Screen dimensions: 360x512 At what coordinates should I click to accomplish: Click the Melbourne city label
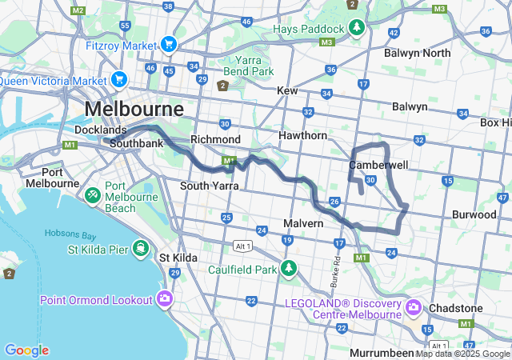click(x=134, y=109)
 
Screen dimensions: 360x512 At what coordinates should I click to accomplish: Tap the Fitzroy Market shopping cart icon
click(x=169, y=45)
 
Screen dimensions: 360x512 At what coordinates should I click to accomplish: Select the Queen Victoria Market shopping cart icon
click(x=119, y=80)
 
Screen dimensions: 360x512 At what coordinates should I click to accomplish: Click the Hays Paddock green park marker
click(x=357, y=30)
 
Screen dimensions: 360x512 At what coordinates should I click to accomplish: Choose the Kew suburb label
click(x=287, y=91)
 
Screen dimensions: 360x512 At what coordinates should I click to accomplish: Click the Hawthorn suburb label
click(x=302, y=136)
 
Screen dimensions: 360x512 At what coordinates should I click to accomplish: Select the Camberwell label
click(x=378, y=165)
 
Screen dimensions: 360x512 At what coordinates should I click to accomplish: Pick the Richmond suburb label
click(x=215, y=139)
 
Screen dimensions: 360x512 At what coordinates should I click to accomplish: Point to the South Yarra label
click(x=205, y=186)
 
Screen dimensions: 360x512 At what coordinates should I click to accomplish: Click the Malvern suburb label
click(x=303, y=222)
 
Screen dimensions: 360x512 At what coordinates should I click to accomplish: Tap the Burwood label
click(x=474, y=214)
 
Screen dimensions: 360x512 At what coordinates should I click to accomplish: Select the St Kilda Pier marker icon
click(x=141, y=248)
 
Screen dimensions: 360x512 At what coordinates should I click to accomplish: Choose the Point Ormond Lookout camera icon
click(x=165, y=299)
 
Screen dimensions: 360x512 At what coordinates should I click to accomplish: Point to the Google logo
click(x=26, y=350)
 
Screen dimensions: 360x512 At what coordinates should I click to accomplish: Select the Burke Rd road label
click(x=335, y=273)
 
